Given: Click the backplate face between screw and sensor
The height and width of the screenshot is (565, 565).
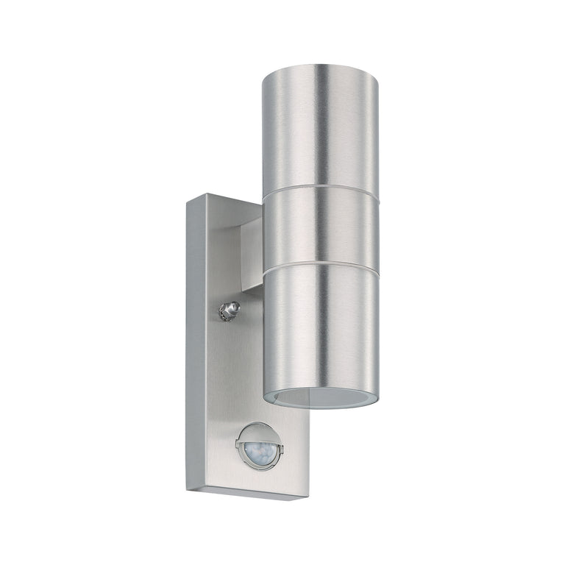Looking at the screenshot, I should (243, 368).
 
